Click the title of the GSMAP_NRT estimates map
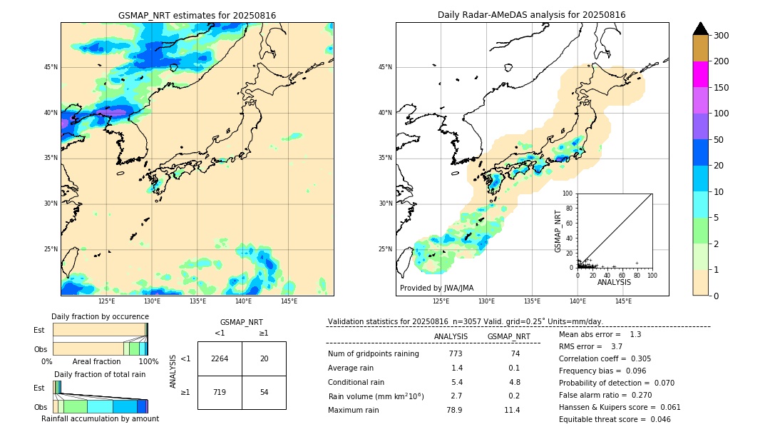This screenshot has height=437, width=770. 197,15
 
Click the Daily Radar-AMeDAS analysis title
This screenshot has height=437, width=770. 532,15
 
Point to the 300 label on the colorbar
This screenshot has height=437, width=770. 722,36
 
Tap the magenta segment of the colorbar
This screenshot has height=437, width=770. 700,74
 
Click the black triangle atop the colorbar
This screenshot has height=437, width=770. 700,29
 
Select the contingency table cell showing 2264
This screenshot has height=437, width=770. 220,358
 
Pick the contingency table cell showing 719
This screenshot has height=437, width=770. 220,393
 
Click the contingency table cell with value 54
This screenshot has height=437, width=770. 264,393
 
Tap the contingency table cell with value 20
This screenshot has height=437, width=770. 264,358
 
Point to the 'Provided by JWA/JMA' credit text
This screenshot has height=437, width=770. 436,288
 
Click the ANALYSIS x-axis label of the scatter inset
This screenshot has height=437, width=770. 614,282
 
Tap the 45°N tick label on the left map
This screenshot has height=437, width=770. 51,67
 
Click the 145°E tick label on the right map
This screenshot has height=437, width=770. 623,301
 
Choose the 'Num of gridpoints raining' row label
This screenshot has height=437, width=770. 373,354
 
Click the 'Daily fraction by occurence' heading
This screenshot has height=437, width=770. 99,316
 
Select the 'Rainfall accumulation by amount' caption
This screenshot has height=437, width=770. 100,419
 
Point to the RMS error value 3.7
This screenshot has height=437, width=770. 617,346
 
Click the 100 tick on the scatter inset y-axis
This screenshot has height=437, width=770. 568,194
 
